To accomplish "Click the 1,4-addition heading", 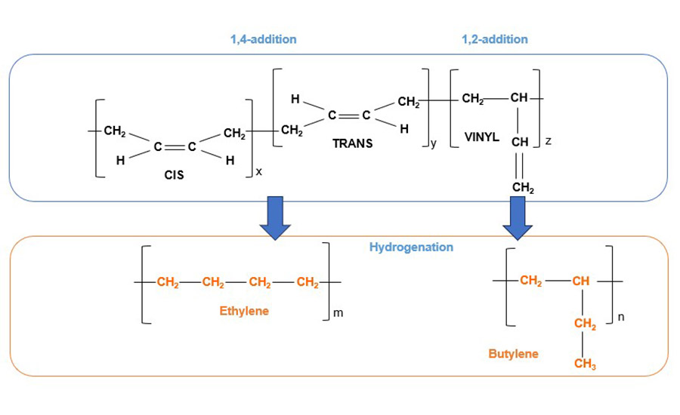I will click(263, 39).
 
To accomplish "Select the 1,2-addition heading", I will click(495, 39).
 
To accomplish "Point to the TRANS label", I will click(352, 143).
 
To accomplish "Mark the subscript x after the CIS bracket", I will click(258, 172).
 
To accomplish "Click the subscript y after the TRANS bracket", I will click(433, 143).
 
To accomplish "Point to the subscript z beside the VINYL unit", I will click(548, 141).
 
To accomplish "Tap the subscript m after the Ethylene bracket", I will click(338, 313).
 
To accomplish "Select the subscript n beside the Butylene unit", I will click(621, 318).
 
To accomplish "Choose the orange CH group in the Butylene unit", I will click(580, 281).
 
